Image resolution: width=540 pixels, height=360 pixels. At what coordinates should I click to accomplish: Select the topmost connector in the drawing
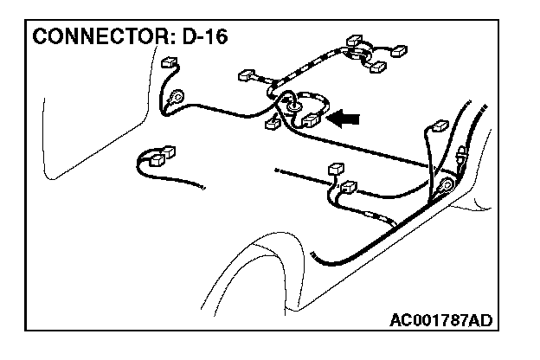coord(353,42)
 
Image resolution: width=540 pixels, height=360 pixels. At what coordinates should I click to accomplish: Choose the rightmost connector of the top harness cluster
coord(400,52)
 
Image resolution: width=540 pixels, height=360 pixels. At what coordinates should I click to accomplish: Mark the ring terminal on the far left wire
coord(177,98)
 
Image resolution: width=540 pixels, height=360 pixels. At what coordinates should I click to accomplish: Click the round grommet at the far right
coord(447,185)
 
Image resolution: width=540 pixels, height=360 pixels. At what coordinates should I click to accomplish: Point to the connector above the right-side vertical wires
coord(437,126)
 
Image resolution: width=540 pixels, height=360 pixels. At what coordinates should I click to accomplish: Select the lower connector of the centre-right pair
coord(349,186)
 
